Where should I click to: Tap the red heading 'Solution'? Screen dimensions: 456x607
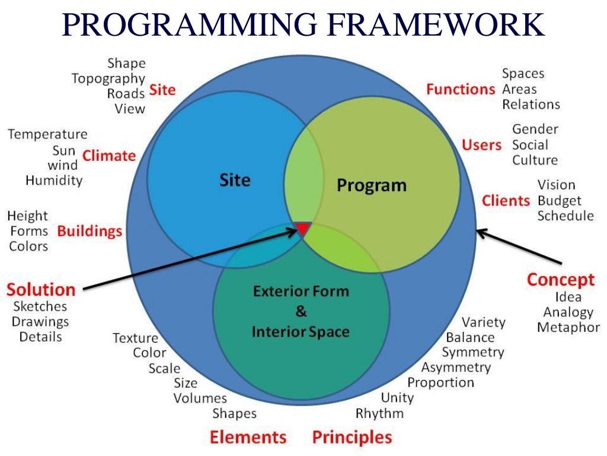[41, 290]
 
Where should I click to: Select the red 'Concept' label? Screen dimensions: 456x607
[560, 279]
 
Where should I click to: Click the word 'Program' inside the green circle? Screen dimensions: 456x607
[372, 185]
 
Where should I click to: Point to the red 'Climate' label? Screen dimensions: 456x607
[109, 156]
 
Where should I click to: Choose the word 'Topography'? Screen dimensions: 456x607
[108, 78]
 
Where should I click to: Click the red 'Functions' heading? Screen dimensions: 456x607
[460, 89]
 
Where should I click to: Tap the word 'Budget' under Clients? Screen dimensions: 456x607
[559, 201]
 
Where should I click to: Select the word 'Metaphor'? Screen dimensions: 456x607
[568, 327]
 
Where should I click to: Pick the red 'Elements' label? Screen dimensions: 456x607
[248, 438]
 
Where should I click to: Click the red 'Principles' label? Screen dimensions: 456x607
[352, 438]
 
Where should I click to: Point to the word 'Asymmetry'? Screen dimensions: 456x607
[456, 368]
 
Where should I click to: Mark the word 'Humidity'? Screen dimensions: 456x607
[54, 180]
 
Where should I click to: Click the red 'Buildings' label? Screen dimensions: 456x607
[90, 231]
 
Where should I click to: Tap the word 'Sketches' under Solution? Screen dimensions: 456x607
[40, 306]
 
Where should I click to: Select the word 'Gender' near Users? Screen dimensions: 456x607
[535, 129]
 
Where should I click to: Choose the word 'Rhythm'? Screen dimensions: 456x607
[379, 413]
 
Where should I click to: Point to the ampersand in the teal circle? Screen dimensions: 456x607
[301, 312]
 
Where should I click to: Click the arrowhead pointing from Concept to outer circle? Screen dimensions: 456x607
[481, 232]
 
